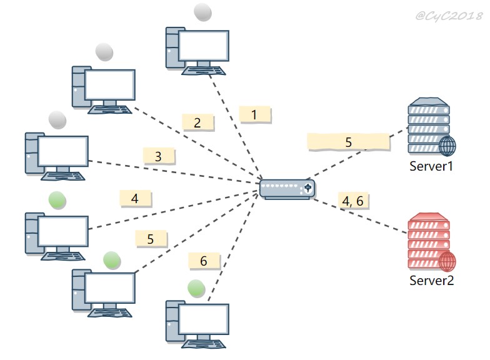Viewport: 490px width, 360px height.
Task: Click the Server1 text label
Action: point(431,166)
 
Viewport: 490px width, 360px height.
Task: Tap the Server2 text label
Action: point(431,280)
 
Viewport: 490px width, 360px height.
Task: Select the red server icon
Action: point(431,241)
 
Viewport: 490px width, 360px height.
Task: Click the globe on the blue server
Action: point(447,146)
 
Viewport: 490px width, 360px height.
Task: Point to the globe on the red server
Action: point(447,261)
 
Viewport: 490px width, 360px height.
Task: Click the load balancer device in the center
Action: point(287,189)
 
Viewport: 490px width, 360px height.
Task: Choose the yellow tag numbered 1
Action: point(255,115)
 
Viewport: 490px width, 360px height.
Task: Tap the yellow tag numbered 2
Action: point(197,122)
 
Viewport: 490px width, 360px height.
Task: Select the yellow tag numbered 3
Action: point(159,156)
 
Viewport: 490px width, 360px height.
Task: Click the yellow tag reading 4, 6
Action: point(353,201)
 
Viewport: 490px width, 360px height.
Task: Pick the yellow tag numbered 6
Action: point(204,261)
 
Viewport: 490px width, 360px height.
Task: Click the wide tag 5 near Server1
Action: point(349,142)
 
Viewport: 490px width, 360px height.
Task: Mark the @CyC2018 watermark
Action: point(449,15)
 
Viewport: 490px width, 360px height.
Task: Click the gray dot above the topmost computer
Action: point(202,12)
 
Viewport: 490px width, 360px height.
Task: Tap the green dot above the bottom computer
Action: point(196,288)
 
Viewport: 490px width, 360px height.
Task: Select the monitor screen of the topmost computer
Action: point(204,46)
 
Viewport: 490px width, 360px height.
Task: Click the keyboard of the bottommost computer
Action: point(204,344)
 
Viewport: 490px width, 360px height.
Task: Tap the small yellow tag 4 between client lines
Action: point(135,199)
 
